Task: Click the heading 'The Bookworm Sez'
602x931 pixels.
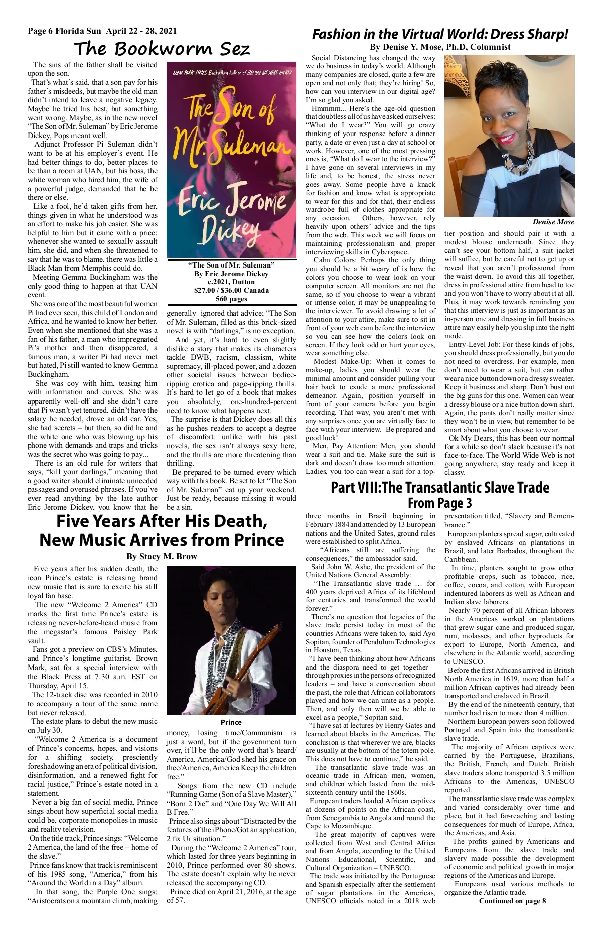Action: click(162, 49)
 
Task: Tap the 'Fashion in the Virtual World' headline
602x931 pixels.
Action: click(440, 34)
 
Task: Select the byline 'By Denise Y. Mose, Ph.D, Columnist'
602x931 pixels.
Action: click(440, 47)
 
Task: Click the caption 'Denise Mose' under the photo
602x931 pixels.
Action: click(553, 222)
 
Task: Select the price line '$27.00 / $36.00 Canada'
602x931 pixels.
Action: click(231, 290)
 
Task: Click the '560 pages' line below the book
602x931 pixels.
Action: click(231, 299)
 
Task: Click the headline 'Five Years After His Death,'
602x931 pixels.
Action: click(162, 521)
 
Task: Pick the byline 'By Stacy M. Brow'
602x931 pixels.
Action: click(162, 556)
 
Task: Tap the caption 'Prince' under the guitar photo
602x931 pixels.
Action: click(231, 722)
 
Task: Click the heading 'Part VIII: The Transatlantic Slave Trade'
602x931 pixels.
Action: click(440, 488)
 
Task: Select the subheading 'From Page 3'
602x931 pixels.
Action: click(440, 503)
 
